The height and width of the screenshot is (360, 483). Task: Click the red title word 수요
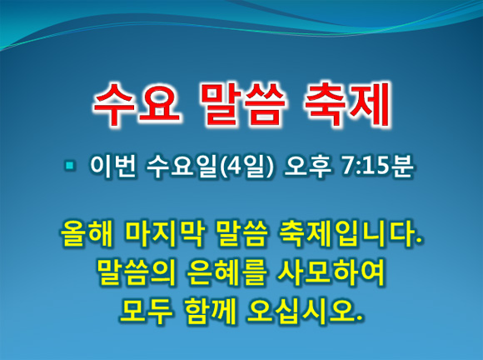point(137,105)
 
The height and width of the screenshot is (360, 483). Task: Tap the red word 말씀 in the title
point(242,105)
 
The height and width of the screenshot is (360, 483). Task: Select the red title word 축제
point(347,105)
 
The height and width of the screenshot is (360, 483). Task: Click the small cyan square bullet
point(70,166)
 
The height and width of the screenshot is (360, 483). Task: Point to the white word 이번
point(112,167)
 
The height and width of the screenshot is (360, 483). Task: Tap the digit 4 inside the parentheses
point(236,167)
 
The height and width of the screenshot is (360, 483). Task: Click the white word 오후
point(307,167)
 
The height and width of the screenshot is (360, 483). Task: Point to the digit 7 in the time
point(348,167)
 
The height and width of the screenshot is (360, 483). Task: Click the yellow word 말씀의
point(136,273)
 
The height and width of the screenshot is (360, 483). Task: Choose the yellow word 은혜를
point(226,273)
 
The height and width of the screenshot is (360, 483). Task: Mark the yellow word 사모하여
point(331,273)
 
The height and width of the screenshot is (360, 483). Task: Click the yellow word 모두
point(145,312)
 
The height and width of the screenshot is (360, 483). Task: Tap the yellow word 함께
point(211,312)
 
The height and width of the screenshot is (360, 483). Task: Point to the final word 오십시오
point(305,312)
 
